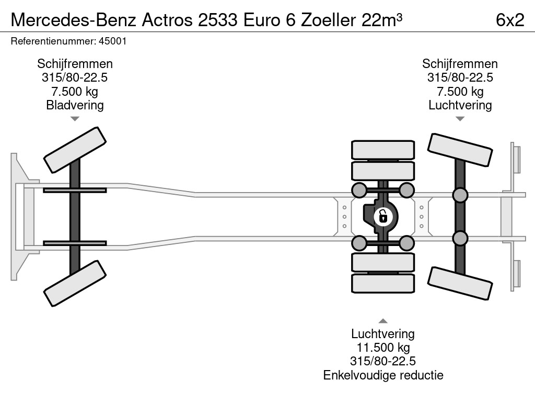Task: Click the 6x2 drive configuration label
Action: click(510, 20)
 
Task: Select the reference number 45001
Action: click(113, 41)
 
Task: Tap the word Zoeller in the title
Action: click(328, 20)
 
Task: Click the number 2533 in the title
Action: click(218, 20)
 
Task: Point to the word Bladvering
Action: click(75, 105)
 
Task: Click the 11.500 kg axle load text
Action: click(383, 348)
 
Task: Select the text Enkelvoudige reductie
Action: click(383, 375)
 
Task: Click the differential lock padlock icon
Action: click(383, 217)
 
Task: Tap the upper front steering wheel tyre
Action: click(75, 150)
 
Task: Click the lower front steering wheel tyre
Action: click(75, 283)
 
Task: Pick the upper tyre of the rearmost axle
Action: click(460, 150)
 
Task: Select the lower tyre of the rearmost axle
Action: click(460, 284)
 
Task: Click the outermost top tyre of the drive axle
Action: click(383, 150)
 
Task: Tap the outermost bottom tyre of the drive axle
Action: click(383, 283)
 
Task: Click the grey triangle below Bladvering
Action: click(75, 119)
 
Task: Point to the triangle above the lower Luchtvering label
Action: click(383, 321)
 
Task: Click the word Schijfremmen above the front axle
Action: click(75, 64)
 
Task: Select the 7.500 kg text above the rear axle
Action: click(460, 91)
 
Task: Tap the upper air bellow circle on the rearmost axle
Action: click(460, 195)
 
